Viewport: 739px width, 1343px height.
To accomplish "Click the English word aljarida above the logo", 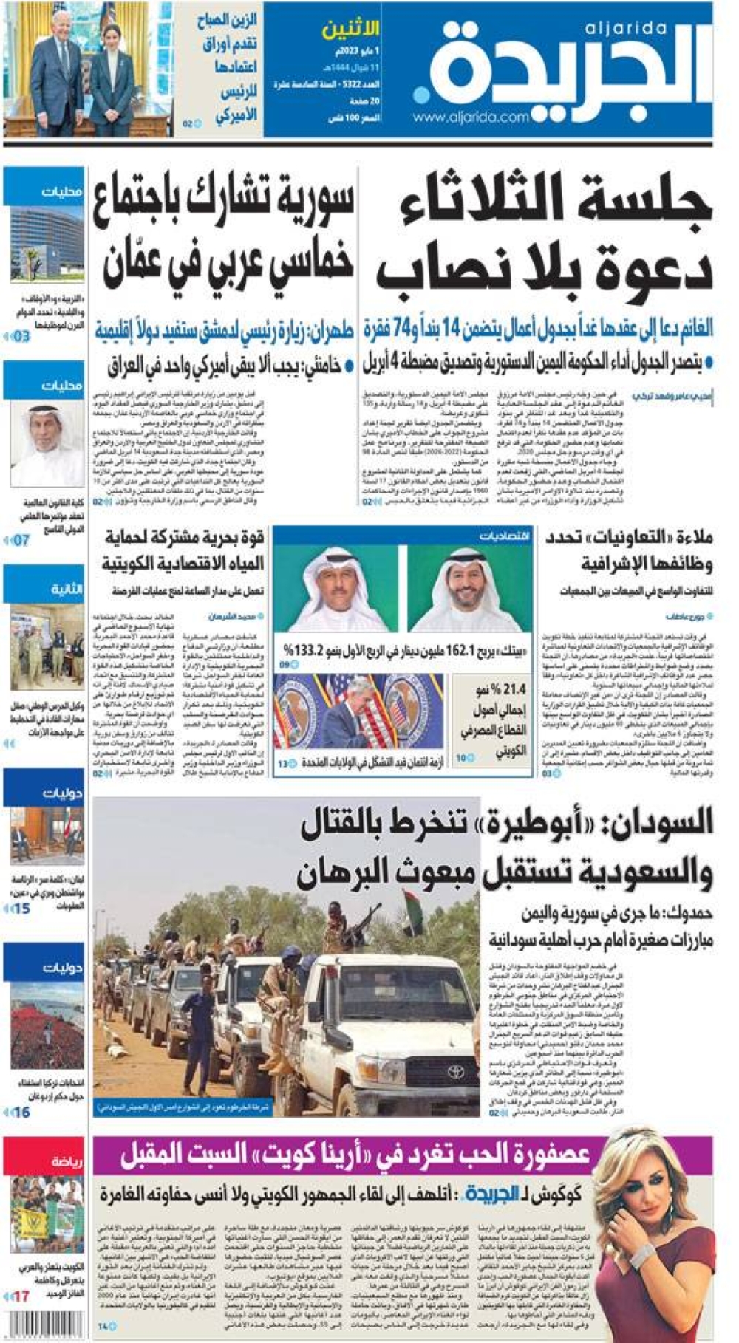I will click(625, 29).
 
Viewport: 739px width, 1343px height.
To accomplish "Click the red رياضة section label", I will click(67, 1162).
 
